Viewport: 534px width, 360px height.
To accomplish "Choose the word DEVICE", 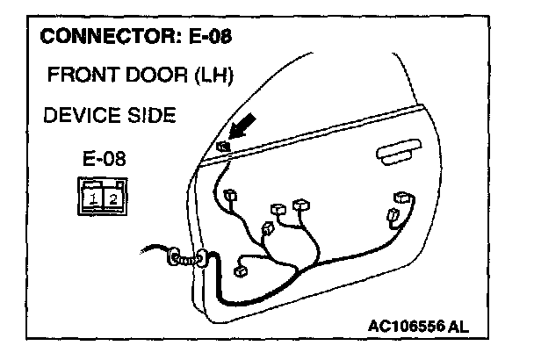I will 77,116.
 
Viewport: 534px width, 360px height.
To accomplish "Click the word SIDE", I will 146,116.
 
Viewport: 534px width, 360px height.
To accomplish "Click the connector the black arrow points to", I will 224,148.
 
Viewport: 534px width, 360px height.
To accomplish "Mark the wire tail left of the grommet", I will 154,254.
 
